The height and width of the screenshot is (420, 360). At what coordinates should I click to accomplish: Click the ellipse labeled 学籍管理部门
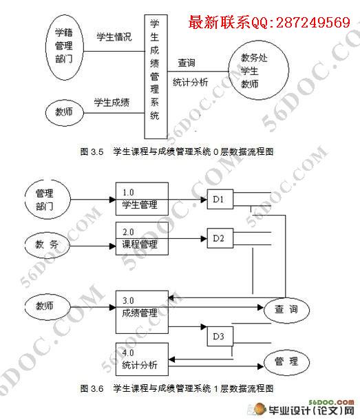click(64, 47)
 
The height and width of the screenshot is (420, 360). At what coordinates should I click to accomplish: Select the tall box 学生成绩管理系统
click(156, 76)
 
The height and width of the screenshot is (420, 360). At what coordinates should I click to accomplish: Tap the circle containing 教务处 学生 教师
click(258, 70)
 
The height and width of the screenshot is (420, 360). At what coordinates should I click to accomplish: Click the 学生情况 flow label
click(114, 37)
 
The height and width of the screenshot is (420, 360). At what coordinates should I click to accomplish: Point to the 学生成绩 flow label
click(112, 103)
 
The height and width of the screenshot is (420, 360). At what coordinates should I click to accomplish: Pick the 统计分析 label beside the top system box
click(191, 82)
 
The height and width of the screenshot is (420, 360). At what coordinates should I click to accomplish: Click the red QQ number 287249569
click(313, 22)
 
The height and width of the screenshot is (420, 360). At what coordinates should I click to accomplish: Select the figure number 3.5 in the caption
click(97, 152)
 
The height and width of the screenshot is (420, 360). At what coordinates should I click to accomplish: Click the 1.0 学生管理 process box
click(142, 199)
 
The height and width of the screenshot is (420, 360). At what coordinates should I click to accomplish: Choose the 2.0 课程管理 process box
click(142, 238)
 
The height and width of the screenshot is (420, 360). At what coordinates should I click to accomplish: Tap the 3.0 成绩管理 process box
click(142, 312)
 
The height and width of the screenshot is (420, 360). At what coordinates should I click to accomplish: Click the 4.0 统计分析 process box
click(142, 359)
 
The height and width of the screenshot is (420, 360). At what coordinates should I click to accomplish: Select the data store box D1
click(220, 199)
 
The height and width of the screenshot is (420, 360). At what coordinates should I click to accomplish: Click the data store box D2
click(220, 238)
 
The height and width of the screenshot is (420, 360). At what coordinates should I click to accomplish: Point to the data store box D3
click(220, 337)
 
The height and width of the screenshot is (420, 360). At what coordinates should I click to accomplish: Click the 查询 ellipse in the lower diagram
click(286, 310)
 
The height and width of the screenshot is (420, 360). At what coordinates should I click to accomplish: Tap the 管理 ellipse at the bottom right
click(286, 362)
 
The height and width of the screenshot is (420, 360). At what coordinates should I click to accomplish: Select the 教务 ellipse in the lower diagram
click(47, 244)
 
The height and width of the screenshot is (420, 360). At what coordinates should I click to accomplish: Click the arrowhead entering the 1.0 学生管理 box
click(112, 200)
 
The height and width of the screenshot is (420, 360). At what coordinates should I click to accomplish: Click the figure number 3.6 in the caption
click(97, 388)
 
